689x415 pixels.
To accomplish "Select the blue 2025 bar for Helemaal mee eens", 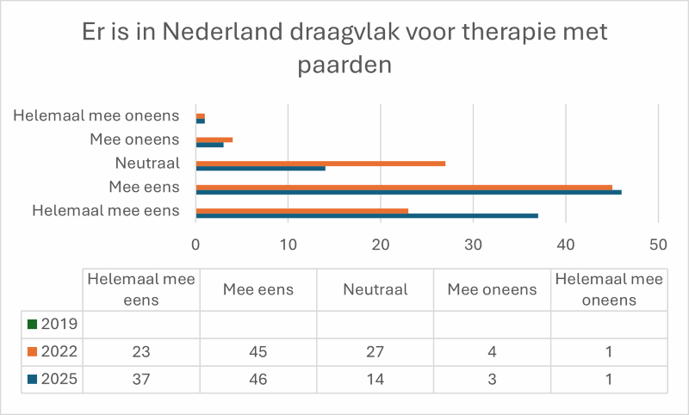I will click(x=367, y=215).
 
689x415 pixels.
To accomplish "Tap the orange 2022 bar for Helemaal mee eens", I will click(x=302, y=210).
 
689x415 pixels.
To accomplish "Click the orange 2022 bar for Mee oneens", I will click(x=214, y=139).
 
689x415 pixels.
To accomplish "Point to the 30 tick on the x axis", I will click(x=473, y=244).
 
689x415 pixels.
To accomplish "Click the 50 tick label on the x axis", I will click(x=657, y=244).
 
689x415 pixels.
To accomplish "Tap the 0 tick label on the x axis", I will click(x=196, y=244).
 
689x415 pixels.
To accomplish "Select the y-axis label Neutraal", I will click(x=146, y=164).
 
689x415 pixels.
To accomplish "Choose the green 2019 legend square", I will click(x=32, y=325).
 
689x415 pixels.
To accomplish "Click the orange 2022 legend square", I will click(x=32, y=351).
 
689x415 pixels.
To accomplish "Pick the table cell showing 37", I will click(x=140, y=378).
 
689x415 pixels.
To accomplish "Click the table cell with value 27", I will click(x=375, y=351).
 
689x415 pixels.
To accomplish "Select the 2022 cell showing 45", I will click(x=258, y=351).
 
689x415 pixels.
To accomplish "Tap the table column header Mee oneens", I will click(x=492, y=289).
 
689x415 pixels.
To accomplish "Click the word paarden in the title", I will click(x=344, y=65).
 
